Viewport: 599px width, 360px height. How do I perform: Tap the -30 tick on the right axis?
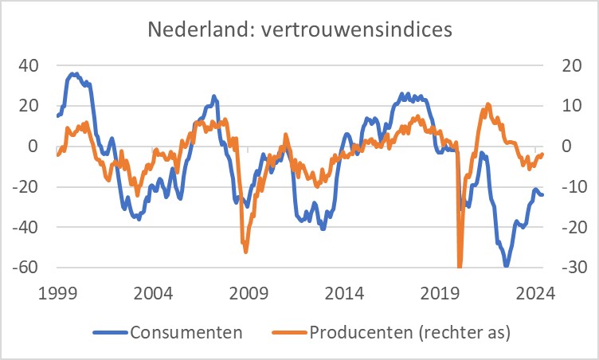(559, 267)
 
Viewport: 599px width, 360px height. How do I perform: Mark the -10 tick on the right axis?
(559, 186)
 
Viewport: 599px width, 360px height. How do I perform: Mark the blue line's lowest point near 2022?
(506, 265)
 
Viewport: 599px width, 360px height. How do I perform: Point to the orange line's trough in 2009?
(245, 252)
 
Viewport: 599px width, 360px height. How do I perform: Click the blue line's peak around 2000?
(73, 74)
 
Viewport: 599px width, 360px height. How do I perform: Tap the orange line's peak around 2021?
(488, 104)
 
